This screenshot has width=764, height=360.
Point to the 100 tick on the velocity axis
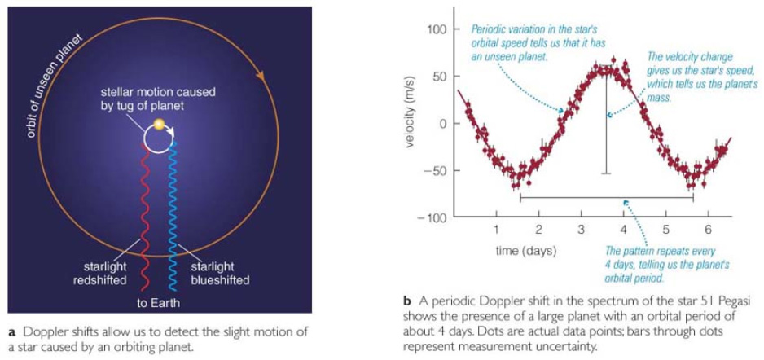pyautogui.click(x=439, y=30)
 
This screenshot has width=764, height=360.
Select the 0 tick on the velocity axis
pyautogui.click(x=445, y=124)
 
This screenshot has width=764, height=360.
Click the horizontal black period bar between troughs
pyautogui.click(x=606, y=196)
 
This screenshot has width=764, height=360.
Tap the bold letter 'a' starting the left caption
pyautogui.click(x=11, y=331)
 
